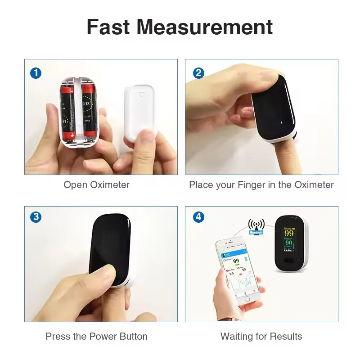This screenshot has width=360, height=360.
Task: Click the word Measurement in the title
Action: pos(205,27)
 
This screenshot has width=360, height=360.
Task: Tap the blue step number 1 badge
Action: pos(36,73)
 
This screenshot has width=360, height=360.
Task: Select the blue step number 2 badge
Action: pos(198,73)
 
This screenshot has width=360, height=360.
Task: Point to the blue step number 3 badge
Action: pos(36,217)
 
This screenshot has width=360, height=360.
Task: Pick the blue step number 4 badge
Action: pos(198,217)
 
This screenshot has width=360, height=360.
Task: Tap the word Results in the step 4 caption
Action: pos(286,336)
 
